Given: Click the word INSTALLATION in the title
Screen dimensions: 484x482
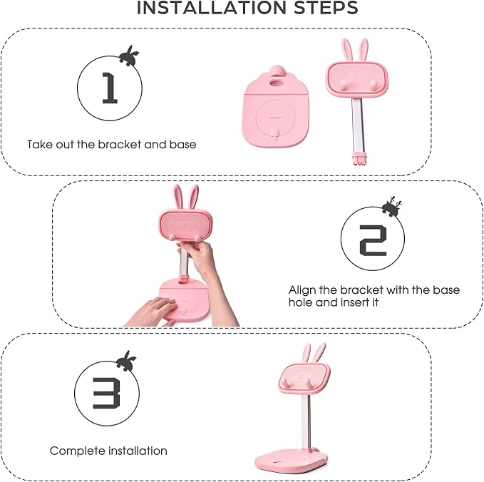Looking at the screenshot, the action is tap(212, 7).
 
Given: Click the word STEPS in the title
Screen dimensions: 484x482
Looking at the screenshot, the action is tap(326, 7).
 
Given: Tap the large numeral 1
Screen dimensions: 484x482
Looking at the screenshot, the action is tap(110, 88).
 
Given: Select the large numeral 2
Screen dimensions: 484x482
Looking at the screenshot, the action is tap(373, 240).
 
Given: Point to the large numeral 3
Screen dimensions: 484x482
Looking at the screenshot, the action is tap(106, 393).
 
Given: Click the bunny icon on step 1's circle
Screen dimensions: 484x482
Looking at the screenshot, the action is tap(129, 56).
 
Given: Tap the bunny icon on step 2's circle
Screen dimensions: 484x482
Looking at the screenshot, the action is tap(391, 206).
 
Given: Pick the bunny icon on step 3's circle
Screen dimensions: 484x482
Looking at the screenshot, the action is tap(126, 361).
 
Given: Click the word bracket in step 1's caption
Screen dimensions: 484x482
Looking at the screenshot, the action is tap(120, 144).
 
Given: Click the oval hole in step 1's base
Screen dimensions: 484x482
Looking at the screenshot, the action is tap(276, 83).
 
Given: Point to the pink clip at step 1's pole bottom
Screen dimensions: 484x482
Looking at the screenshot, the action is tap(359, 158).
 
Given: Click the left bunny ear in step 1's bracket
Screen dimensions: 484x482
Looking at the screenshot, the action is tap(347, 51).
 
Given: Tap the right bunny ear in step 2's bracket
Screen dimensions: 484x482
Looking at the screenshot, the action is tap(192, 197).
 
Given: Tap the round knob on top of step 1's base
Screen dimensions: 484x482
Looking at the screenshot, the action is tap(277, 71).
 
